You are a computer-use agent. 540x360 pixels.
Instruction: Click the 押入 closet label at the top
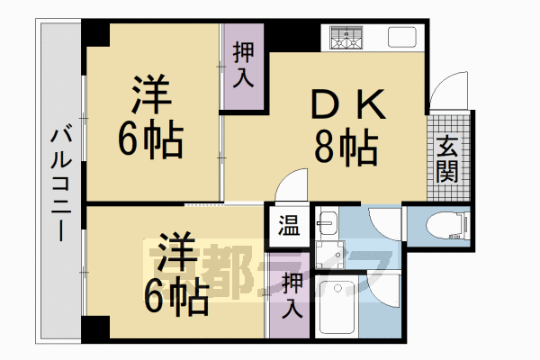(x=243, y=66)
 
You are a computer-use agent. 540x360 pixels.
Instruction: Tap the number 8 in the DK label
(x=327, y=148)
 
